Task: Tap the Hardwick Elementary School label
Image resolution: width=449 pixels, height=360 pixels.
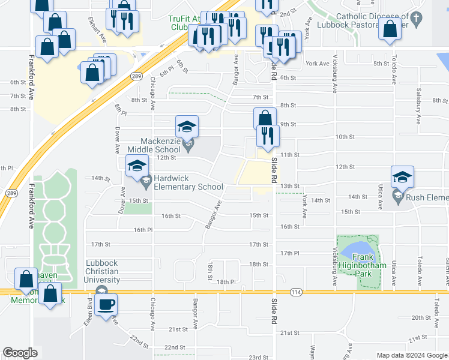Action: click(188, 182)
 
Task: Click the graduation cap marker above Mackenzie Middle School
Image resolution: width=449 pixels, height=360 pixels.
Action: click(187, 127)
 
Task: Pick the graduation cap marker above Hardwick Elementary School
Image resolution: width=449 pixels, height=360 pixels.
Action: click(137, 166)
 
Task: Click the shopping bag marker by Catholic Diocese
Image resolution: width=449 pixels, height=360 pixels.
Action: click(390, 29)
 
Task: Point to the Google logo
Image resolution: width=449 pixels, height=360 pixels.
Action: click(20, 353)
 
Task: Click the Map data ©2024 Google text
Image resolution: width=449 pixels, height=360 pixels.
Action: click(411, 355)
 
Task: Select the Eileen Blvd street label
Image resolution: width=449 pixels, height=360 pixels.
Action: click(90, 312)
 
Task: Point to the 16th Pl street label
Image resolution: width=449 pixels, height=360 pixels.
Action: click(142, 230)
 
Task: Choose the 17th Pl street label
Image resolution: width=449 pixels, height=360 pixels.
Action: click(289, 253)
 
